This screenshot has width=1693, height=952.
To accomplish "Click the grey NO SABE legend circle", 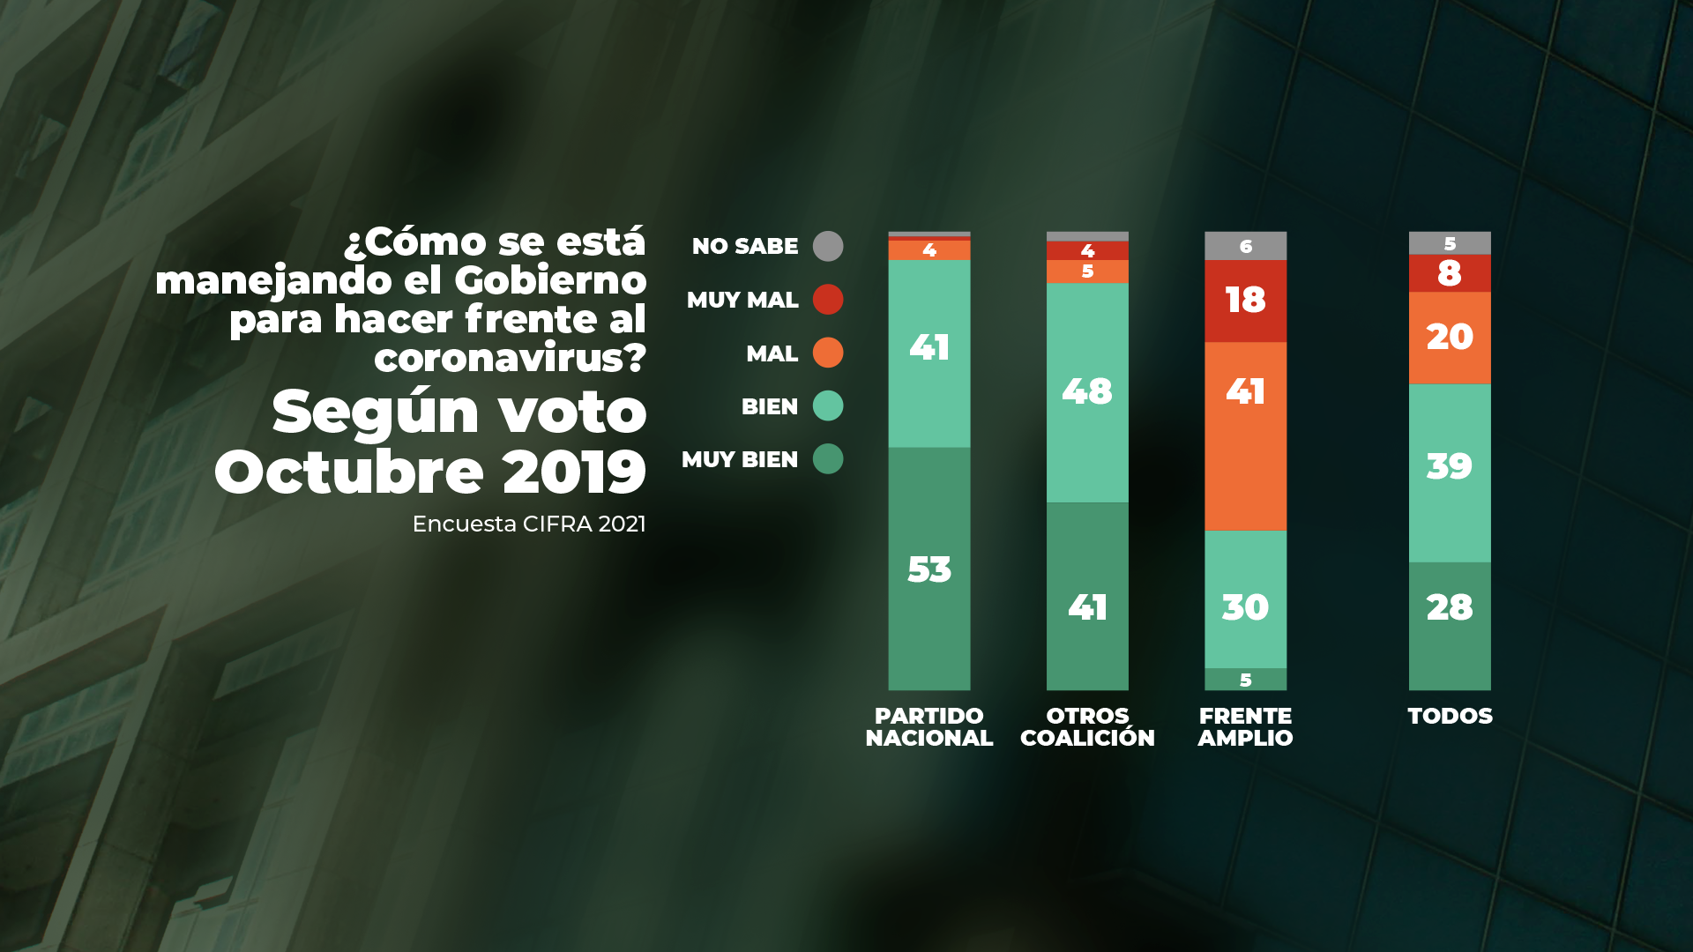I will [827, 246].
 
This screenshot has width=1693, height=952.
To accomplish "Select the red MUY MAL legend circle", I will [827, 300].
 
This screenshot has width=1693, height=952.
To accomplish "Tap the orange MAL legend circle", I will [827, 353].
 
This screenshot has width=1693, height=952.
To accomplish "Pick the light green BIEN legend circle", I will [827, 406].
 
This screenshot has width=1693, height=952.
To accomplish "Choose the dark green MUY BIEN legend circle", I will [827, 459].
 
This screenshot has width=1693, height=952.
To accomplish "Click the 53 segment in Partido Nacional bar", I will [929, 569].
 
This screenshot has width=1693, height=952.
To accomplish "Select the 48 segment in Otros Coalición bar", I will [1086, 391].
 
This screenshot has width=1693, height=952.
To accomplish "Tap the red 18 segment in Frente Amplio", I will [1245, 301].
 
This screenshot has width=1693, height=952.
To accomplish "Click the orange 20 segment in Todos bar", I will [1449, 338].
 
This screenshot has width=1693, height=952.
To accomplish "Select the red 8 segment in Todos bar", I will [1449, 273].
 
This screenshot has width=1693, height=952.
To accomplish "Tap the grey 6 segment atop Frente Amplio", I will [1245, 246].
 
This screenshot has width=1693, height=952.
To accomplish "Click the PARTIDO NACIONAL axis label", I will [929, 727].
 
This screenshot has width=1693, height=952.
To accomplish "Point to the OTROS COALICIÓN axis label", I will [1086, 727].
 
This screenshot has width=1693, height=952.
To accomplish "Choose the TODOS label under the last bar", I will [1450, 716].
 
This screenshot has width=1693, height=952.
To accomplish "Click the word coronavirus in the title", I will [510, 358].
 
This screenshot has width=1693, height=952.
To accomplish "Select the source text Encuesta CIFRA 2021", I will [529, 524].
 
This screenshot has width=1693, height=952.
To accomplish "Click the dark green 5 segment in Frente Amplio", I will [1245, 680].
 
